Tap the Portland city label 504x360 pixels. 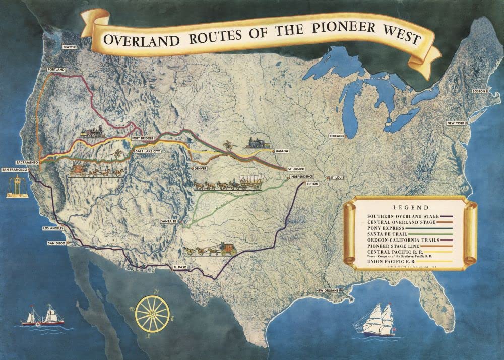click(55, 69)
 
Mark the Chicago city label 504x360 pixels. click(337, 136)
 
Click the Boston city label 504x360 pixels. click(479, 91)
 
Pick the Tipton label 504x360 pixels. click(313, 184)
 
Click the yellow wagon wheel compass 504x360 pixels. click(152, 314)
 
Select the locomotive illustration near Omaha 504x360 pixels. click(257, 143)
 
